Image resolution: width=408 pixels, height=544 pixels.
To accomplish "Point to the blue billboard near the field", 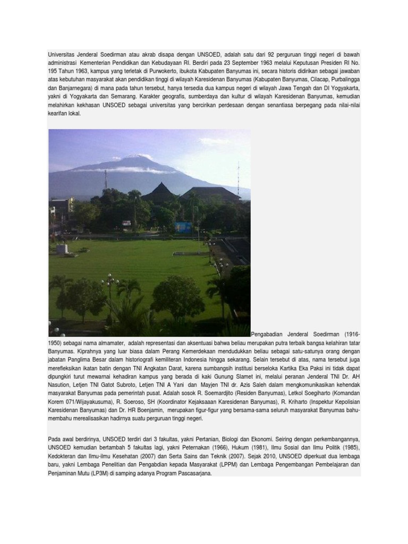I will (183, 227).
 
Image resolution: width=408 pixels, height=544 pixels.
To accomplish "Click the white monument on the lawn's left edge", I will (62, 249).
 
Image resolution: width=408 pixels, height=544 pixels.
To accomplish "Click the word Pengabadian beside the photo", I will (269, 335).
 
